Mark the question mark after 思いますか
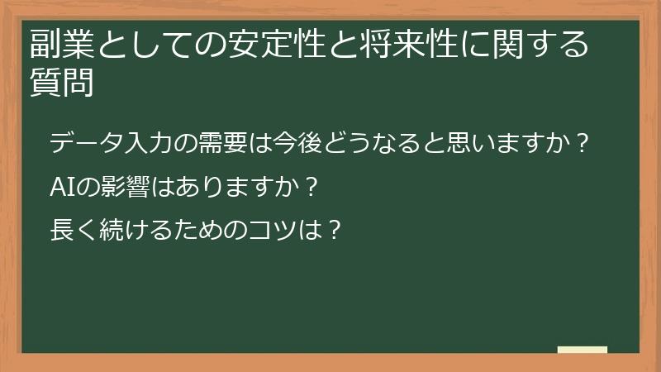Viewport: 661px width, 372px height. pos(584,144)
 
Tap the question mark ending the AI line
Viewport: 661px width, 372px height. pos(311,186)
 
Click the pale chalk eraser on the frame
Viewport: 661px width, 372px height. pos(583,350)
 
